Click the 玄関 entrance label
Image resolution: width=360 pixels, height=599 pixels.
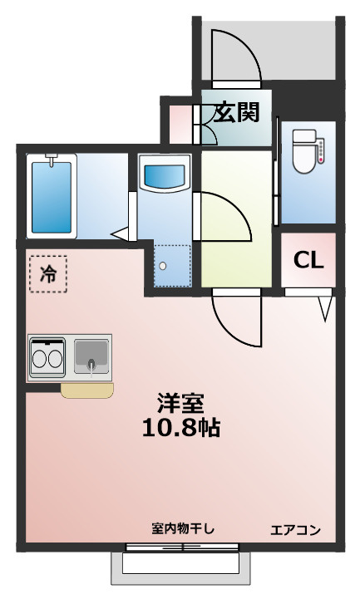coord(235,113)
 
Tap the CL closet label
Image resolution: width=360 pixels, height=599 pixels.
coord(308,260)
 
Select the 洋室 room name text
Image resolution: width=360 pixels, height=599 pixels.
coord(180,403)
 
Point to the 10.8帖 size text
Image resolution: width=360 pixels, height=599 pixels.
coord(180,428)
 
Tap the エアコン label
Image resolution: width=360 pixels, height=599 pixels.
coord(296,530)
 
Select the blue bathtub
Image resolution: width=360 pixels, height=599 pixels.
coord(52,198)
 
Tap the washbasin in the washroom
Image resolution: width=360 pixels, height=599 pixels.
coord(165,176)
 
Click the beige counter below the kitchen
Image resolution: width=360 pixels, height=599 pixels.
coord(86,390)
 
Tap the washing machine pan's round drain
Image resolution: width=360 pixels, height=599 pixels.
coord(164,266)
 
